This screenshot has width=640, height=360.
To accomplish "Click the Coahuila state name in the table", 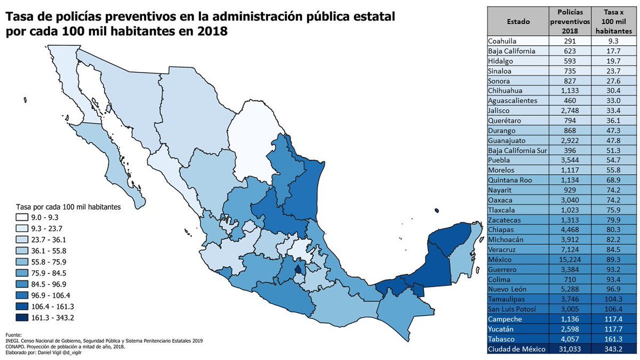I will pyautogui.click(x=503, y=41).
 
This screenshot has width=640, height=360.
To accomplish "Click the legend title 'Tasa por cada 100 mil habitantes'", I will pyautogui.click(x=67, y=206).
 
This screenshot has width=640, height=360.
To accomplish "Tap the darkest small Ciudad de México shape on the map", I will pyautogui.click(x=298, y=269).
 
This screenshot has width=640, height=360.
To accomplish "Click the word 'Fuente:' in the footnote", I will pyautogui.click(x=14, y=335).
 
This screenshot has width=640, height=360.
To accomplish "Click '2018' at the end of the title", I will pyautogui.click(x=212, y=31).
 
